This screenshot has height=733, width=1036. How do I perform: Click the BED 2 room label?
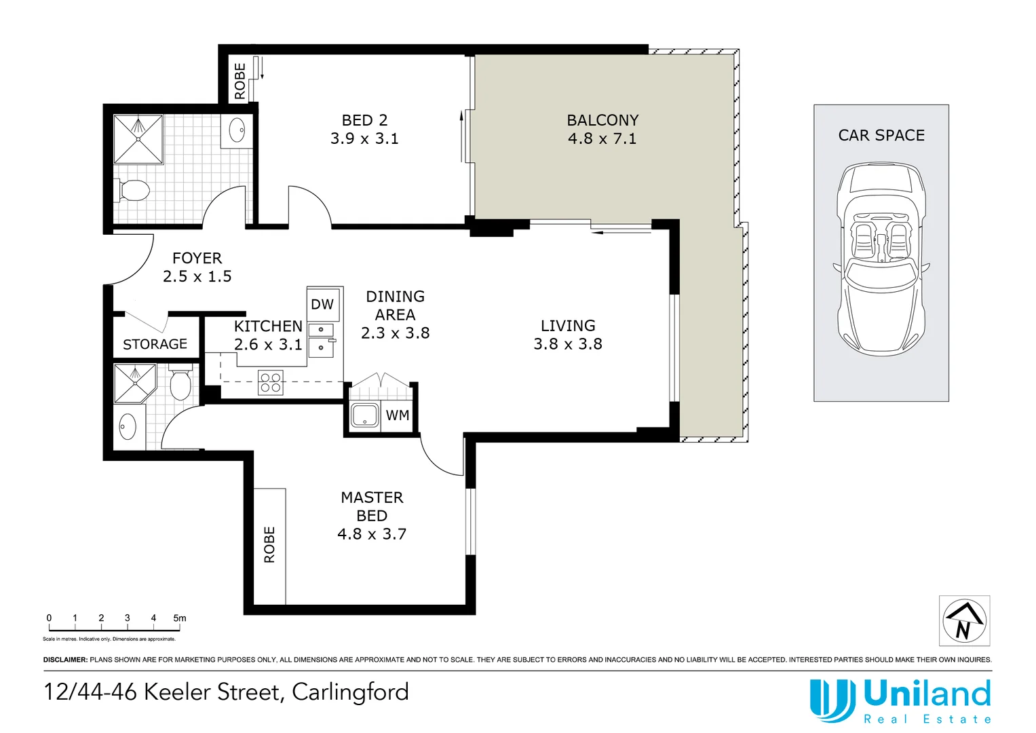coord(364,120)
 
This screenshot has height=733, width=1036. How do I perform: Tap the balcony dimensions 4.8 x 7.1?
coord(602,139)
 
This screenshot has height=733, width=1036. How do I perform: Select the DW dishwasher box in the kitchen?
coord(322,305)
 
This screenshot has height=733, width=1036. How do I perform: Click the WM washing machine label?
coord(398,415)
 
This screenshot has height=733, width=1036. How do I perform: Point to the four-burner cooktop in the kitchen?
coord(270,383)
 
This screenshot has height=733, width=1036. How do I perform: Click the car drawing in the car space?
coord(881,258)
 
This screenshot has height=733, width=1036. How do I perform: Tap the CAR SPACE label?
coord(881,136)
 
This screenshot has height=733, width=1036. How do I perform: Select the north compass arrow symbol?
coord(964,620)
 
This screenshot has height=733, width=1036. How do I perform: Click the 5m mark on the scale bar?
coord(179,618)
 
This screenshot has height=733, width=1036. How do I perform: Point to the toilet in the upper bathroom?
coord(134,190)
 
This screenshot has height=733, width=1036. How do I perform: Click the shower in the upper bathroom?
coord(138,139)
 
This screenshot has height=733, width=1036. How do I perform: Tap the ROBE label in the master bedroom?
coord(269,544)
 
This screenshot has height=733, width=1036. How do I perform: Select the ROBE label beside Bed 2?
coord(239,81)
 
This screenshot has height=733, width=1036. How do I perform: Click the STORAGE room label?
coord(155,345)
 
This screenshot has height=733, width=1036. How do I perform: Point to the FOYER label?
coord(197,259)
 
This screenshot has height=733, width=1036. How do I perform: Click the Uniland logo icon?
coord(832,700)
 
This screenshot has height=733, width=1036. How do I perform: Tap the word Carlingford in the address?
coord(350,692)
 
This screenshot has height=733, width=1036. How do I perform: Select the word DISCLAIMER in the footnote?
coord(65,660)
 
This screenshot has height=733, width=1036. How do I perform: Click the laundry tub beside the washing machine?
coord(364,415)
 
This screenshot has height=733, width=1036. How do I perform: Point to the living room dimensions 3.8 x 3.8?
coord(567,344)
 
